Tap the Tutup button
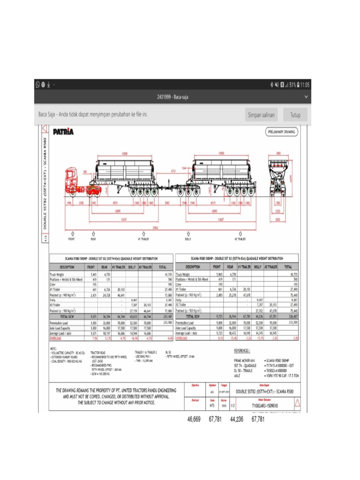pos(295,115)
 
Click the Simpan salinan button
pos(261,115)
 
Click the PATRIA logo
pos(64,132)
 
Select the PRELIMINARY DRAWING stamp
pos(282,132)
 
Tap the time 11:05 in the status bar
pos(305,85)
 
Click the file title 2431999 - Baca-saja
pos(172,97)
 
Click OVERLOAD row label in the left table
pos(56,337)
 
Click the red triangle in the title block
pos(297,403)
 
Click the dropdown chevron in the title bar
pos(306,97)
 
